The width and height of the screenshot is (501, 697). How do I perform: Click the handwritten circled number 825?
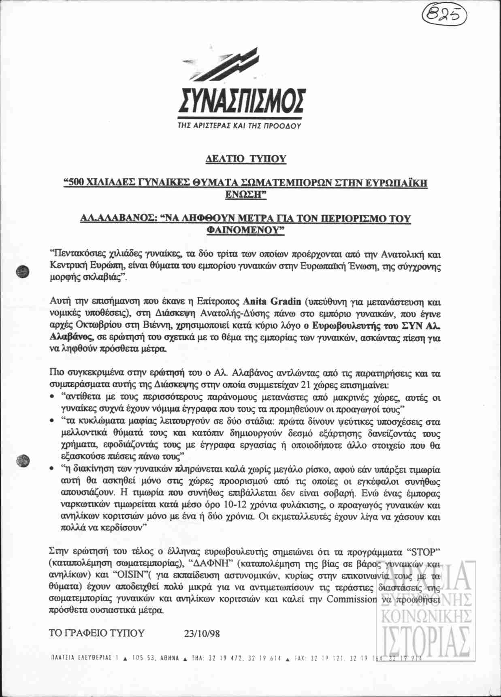coord(445,15)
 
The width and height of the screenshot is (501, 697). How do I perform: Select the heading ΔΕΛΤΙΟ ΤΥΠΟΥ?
coord(246,158)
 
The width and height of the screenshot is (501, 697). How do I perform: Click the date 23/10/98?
coord(202,633)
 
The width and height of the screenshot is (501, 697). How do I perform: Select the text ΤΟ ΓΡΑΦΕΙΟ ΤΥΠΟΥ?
coord(96,633)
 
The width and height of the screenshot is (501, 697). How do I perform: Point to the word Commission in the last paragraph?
coord(352,599)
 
